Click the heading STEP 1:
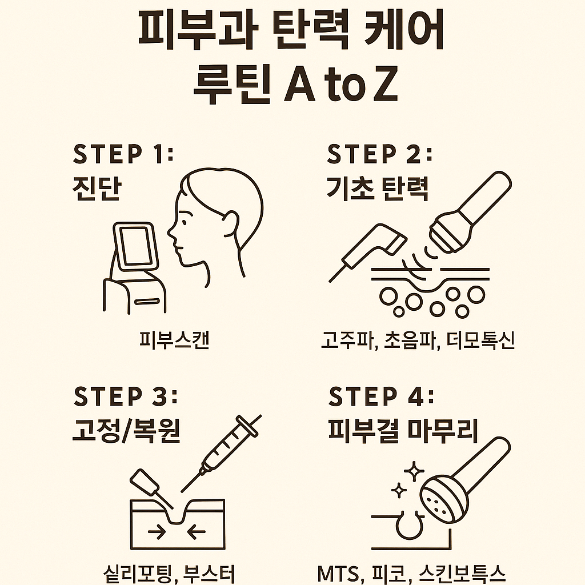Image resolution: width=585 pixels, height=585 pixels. [123, 154]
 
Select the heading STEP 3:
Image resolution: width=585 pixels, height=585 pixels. [126, 396]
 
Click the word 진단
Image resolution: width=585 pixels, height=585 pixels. [97, 189]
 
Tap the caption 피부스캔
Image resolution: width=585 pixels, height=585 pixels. [174, 340]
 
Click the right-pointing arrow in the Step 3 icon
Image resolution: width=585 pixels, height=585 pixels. [155, 532]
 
